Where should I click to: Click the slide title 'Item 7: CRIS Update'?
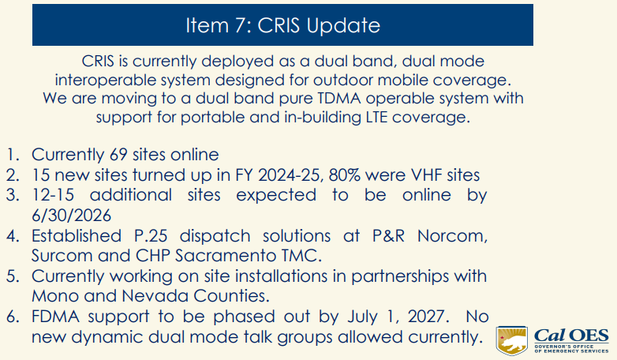click(282, 25)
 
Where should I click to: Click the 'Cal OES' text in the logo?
click(570, 333)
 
